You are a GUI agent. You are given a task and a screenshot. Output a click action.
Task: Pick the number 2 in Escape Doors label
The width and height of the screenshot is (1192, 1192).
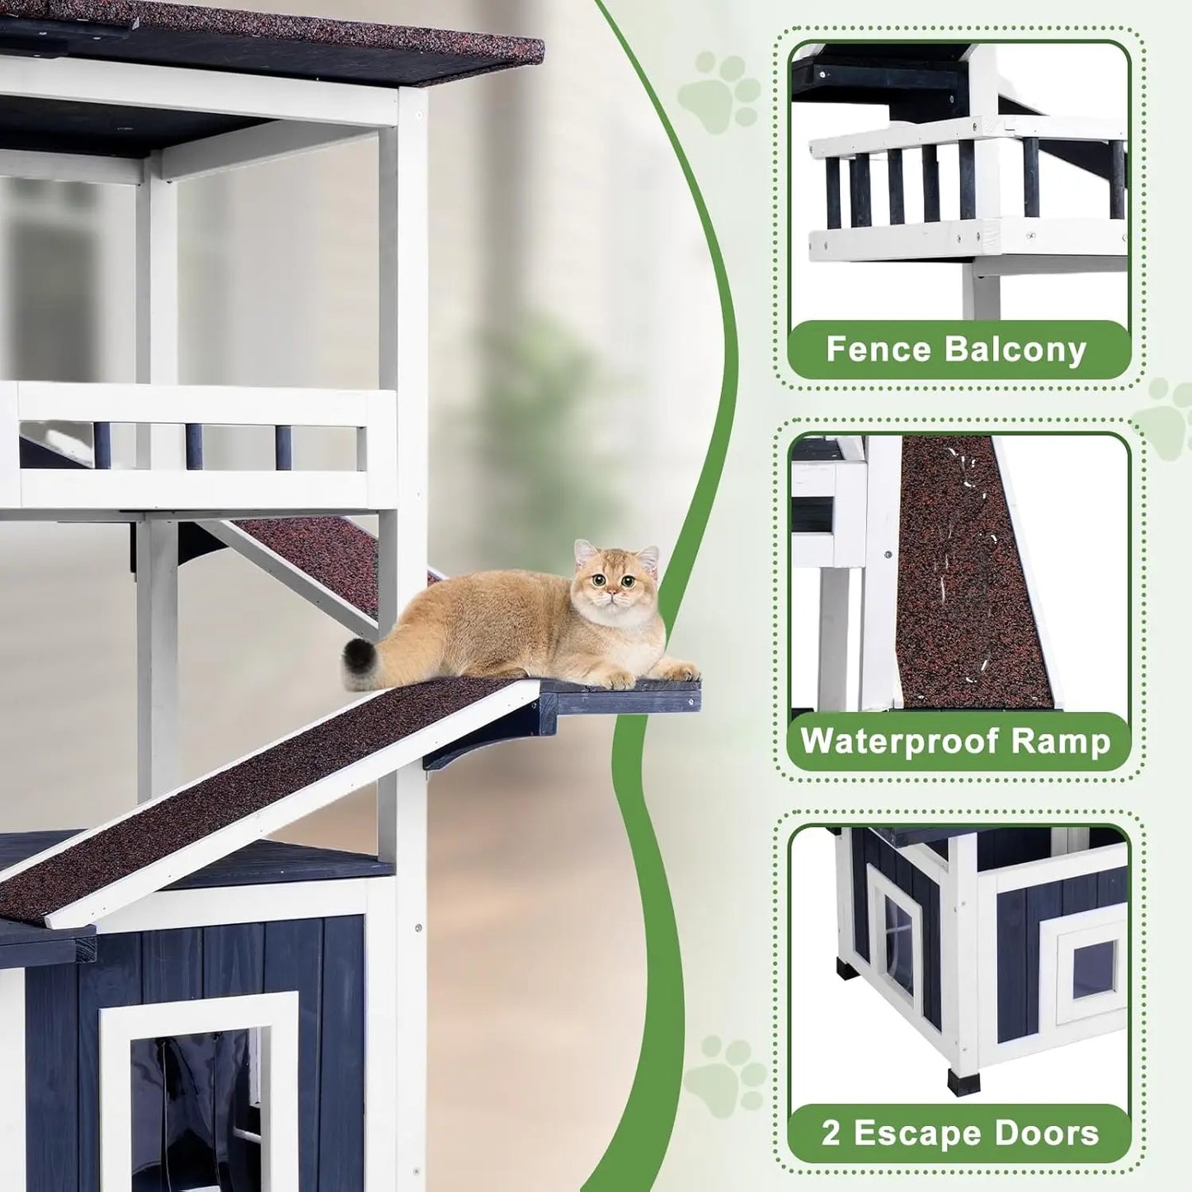click(830, 1133)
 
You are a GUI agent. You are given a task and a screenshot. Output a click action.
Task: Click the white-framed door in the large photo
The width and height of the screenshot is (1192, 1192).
click(198, 1089)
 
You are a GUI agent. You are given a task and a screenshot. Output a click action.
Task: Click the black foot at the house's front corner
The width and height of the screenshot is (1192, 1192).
click(963, 1080)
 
